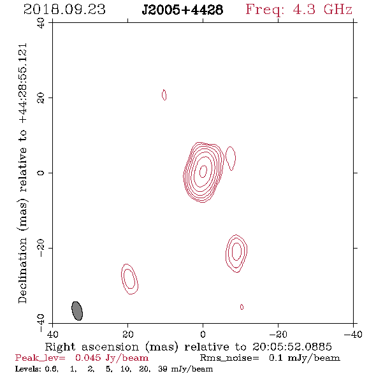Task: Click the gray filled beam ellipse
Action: click(x=77, y=311)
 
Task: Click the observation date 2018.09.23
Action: click(x=64, y=10)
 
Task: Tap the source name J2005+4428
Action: click(x=182, y=10)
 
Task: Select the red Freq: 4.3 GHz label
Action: click(x=299, y=10)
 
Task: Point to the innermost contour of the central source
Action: click(x=203, y=171)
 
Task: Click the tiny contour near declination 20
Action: click(x=164, y=95)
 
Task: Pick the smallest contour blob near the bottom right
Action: click(x=242, y=307)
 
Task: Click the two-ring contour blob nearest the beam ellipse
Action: click(x=130, y=279)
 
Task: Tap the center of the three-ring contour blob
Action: click(x=236, y=251)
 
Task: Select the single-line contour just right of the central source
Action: click(x=231, y=158)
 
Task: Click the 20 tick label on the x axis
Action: click(x=127, y=335)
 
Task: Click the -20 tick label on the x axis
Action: click(x=278, y=335)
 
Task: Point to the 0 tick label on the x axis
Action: click(x=203, y=335)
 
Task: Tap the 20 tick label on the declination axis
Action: click(x=41, y=98)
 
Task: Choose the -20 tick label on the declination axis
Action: click(x=41, y=248)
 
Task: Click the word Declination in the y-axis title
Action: click(x=22, y=270)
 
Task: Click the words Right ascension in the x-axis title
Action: click(x=92, y=347)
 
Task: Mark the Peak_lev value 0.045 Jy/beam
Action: click(x=112, y=358)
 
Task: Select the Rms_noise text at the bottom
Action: click(x=229, y=358)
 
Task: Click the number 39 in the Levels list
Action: click(x=163, y=369)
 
